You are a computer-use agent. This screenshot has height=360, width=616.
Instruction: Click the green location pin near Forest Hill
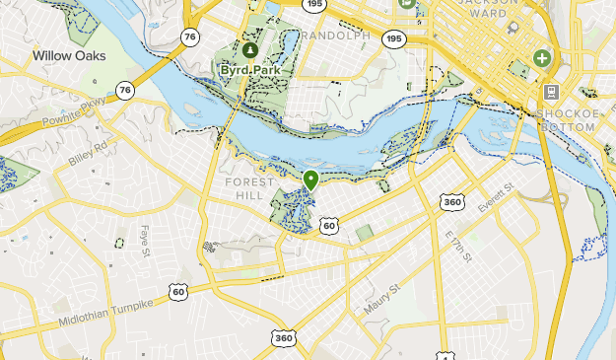[x=311, y=180]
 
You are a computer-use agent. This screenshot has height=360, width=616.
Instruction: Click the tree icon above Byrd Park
[x=249, y=48]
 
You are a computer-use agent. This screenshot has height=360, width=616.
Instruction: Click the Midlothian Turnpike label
[x=106, y=313]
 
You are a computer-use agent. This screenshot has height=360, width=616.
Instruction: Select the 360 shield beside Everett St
[x=452, y=201]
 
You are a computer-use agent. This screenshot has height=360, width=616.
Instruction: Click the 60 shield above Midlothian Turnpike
[x=177, y=291]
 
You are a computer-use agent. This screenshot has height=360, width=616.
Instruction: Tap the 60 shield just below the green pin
[x=329, y=226]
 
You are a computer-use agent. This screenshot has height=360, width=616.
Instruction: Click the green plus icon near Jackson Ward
[x=541, y=59]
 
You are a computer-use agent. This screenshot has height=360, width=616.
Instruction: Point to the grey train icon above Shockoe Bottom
[x=550, y=93]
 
